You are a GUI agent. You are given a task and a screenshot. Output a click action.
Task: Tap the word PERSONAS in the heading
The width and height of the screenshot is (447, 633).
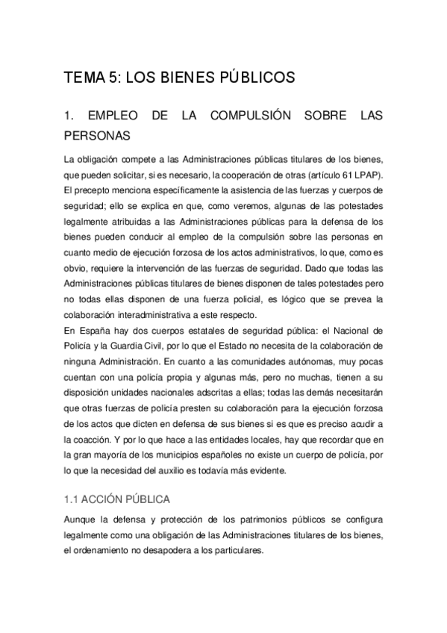point(98,136)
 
